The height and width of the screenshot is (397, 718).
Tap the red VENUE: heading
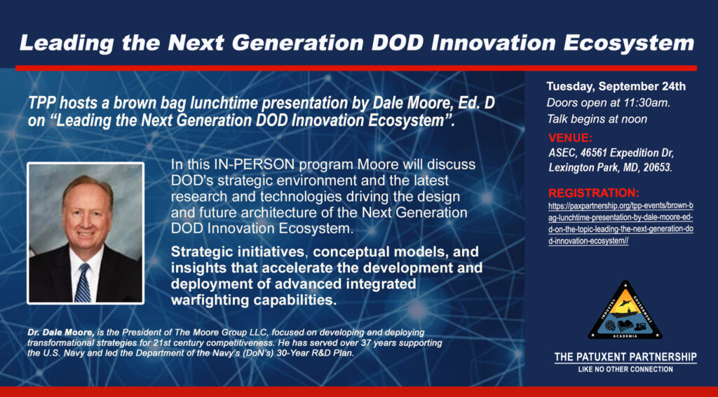coord(570,137)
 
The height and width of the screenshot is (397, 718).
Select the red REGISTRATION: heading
coord(593,192)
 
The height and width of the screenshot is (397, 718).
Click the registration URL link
coord(621,223)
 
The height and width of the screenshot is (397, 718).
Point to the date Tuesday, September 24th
coord(616,87)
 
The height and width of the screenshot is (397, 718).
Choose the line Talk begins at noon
coord(597,119)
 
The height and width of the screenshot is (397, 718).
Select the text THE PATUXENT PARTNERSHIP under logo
coord(625,357)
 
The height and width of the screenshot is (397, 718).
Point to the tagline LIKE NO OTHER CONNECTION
coord(625,369)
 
